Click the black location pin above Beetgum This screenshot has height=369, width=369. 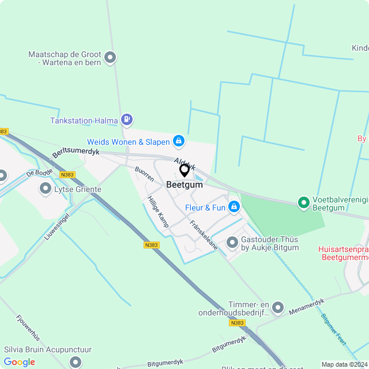184,170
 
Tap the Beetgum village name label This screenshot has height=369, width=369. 184,185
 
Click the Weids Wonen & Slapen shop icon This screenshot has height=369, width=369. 179,141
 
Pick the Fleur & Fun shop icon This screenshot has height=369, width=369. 234,206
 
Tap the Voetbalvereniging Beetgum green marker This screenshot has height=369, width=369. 303,202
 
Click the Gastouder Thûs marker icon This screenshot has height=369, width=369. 232,243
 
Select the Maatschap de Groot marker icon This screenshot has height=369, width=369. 111,58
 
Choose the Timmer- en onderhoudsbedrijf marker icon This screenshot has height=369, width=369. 278,308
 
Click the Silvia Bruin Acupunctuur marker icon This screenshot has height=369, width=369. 76,362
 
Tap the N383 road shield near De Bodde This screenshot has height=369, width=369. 67,175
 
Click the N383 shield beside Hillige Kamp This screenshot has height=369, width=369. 152,245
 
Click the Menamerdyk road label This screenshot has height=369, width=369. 307,306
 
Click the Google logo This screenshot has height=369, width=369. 20,362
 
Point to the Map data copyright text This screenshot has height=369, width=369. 344,364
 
